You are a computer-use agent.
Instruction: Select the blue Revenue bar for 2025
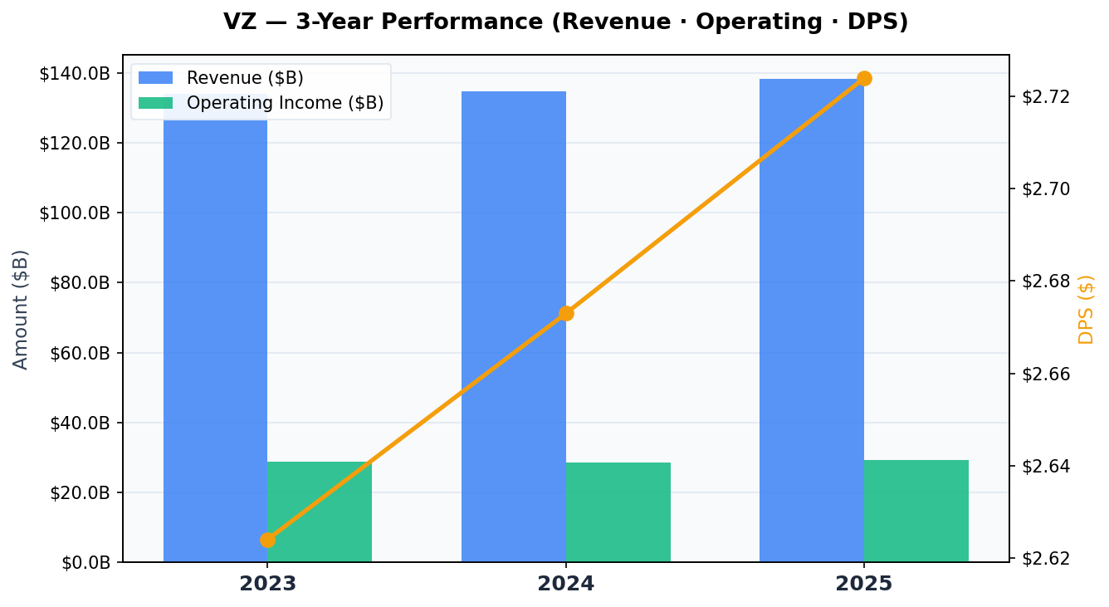tap(811, 332)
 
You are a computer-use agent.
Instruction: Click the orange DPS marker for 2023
tap(267, 540)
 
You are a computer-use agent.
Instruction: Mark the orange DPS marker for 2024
tap(566, 313)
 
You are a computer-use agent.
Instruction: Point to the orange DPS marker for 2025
tap(864, 79)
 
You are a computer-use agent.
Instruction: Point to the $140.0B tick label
tap(75, 73)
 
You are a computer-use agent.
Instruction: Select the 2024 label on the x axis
tap(566, 584)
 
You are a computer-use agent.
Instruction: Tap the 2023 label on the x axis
tap(267, 584)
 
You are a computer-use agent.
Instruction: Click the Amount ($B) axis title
tap(21, 309)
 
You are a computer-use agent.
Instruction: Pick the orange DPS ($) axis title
tap(1086, 309)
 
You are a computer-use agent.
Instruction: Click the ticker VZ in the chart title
tap(240, 22)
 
